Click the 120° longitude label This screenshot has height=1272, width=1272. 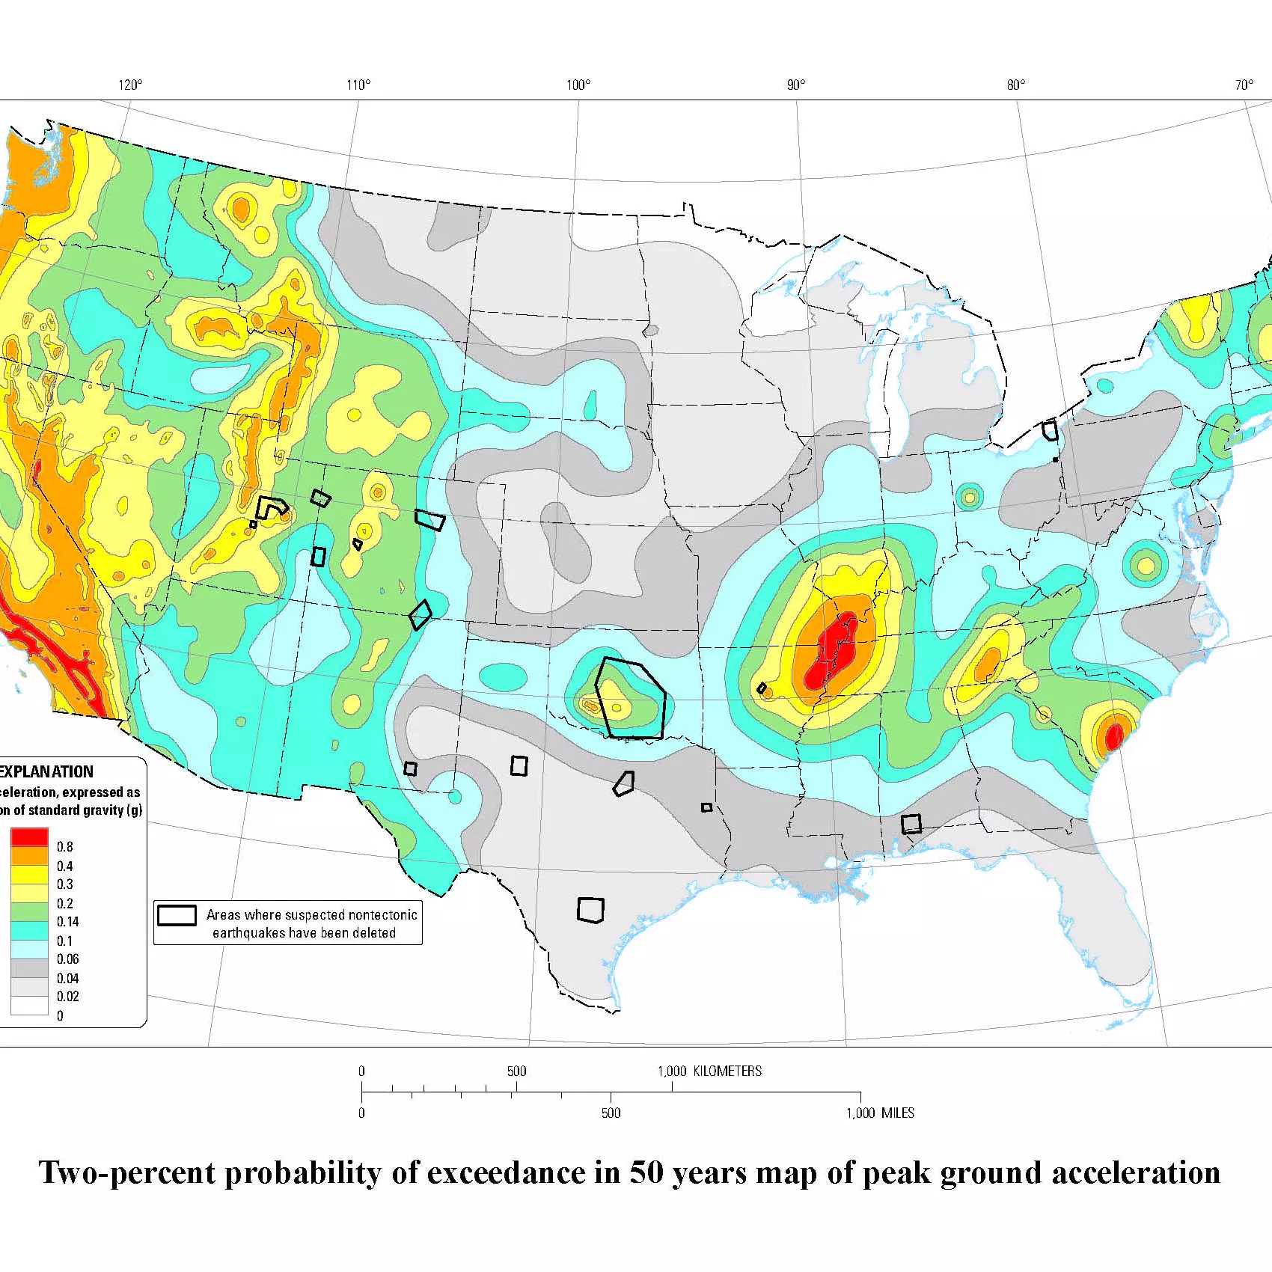[x=129, y=85]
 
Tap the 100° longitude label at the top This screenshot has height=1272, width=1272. [x=578, y=85]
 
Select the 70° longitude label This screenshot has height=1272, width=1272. [x=1244, y=85]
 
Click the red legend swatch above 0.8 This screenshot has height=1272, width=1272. [x=29, y=837]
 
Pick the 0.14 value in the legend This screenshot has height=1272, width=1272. [x=67, y=922]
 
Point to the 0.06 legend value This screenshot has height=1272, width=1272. [x=67, y=959]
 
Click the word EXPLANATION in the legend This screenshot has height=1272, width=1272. [x=46, y=771]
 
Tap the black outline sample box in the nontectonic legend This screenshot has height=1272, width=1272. [x=177, y=915]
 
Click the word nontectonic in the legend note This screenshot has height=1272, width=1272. [x=382, y=914]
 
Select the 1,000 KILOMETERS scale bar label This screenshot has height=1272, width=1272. [x=709, y=1071]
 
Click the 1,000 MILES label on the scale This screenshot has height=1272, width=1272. [x=880, y=1113]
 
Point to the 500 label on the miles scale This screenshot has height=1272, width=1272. [x=611, y=1113]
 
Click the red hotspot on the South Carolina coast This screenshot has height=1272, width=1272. [x=1113, y=736]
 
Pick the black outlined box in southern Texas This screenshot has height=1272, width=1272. [x=590, y=910]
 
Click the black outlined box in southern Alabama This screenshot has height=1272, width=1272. [x=911, y=824]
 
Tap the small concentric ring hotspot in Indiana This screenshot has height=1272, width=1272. [x=969, y=497]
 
